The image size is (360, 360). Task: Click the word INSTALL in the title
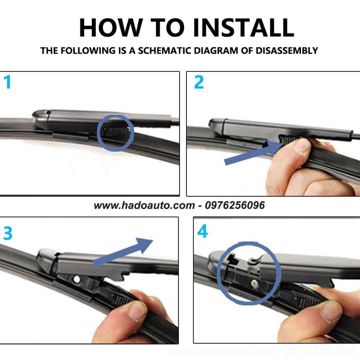(244, 28)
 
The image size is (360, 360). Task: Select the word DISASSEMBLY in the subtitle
(287, 50)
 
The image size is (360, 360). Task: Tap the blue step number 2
(199, 82)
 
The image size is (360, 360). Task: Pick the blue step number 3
(8, 233)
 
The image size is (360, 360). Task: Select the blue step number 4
(202, 231)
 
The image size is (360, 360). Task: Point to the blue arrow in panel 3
(123, 252)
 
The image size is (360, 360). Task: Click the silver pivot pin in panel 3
(76, 279)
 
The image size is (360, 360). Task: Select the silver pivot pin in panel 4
(255, 284)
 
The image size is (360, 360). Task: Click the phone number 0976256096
(235, 205)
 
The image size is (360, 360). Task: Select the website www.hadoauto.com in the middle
(144, 205)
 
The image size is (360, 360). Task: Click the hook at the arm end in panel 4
(255, 260)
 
